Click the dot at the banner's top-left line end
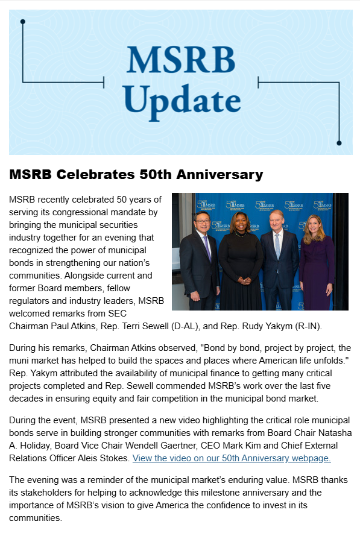pyautogui.click(x=22, y=22)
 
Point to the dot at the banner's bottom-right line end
pyautogui.click(x=339, y=143)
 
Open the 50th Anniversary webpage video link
pyautogui.click(x=232, y=458)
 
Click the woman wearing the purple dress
pyautogui.click(x=316, y=259)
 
